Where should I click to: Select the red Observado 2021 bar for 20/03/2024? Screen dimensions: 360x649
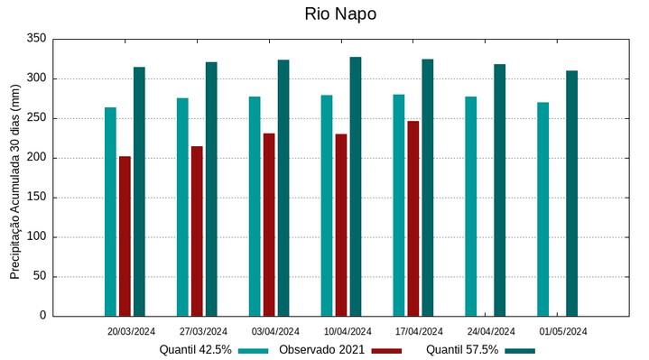(x=125, y=236)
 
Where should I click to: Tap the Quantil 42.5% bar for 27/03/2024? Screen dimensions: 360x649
(x=182, y=207)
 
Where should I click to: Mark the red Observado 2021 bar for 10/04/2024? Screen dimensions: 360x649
(x=341, y=225)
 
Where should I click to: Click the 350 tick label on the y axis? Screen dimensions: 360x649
(x=36, y=39)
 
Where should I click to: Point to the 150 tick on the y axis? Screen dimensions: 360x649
(x=36, y=198)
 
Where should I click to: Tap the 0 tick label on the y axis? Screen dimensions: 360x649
(x=42, y=316)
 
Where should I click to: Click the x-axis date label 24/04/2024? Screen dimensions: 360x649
(x=491, y=331)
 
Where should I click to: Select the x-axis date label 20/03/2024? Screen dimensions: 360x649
(x=131, y=331)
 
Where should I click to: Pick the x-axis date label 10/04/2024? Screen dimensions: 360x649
(x=347, y=331)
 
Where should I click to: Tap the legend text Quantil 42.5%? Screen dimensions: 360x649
(x=195, y=349)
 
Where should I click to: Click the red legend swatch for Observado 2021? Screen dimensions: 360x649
(x=386, y=350)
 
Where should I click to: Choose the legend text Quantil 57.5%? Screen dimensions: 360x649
(x=462, y=349)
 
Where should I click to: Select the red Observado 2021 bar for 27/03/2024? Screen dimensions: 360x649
(x=197, y=231)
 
